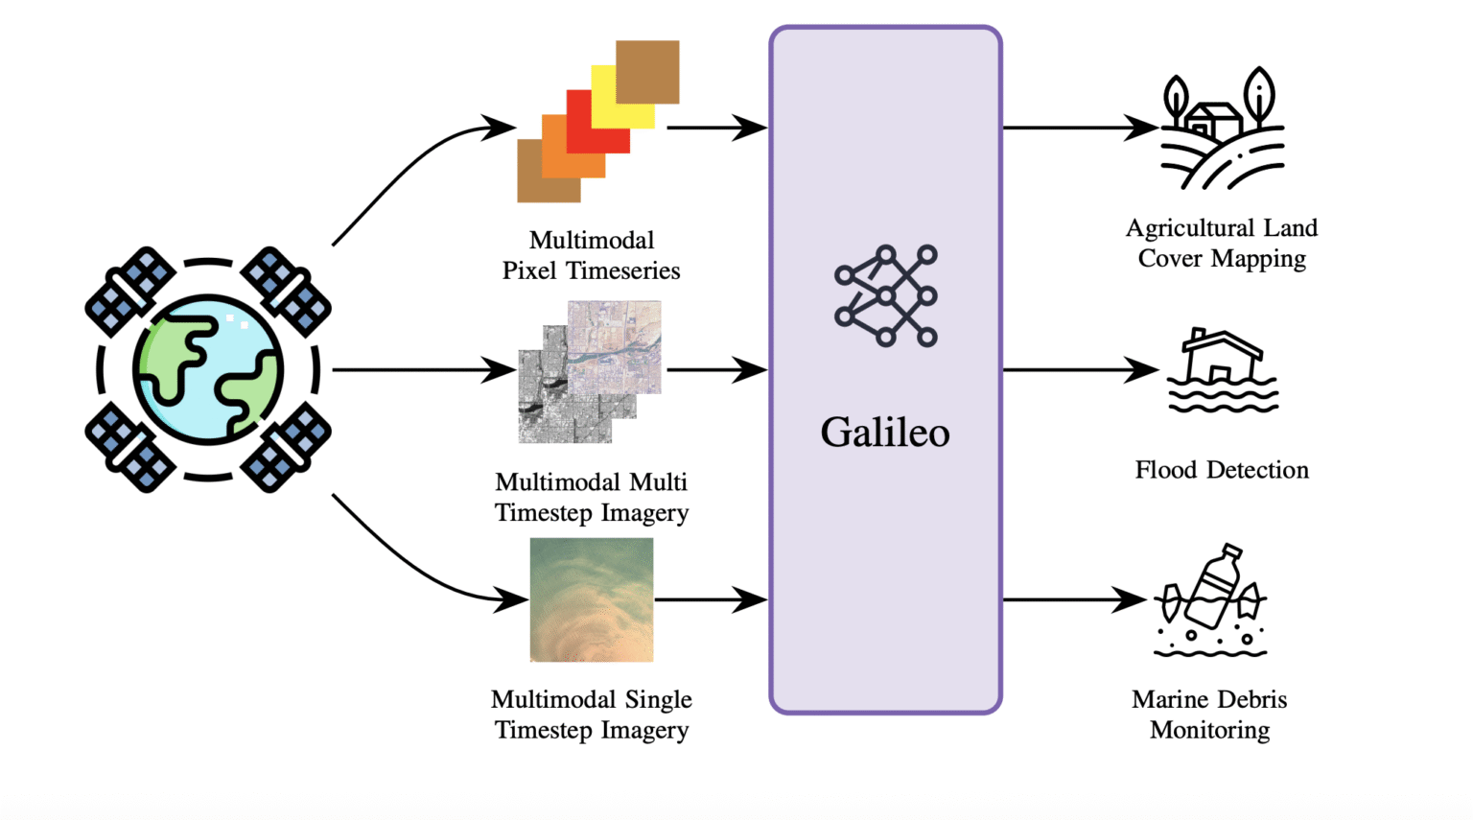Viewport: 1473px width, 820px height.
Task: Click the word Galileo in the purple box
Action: click(884, 433)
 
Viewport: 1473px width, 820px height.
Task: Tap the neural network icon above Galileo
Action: click(885, 295)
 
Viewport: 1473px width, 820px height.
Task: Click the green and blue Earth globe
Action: click(208, 369)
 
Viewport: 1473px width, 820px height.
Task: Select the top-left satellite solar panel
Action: click(130, 291)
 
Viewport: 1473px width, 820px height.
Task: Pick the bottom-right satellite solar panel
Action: click(286, 448)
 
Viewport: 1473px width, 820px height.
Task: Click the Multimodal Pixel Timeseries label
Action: click(591, 255)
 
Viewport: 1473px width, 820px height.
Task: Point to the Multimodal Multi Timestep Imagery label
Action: click(591, 497)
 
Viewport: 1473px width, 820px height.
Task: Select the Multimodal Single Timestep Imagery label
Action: click(591, 715)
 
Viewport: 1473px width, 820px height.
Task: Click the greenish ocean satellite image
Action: click(591, 599)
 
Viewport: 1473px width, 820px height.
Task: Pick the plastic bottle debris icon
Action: click(1209, 600)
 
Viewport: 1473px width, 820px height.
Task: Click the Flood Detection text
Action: click(1221, 470)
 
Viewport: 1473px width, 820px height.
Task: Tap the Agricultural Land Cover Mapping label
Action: click(1221, 243)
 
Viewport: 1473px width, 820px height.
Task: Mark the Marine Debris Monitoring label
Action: click(1209, 715)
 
